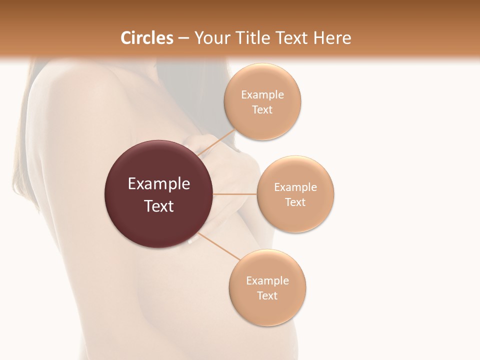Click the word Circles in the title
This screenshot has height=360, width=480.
coord(146,38)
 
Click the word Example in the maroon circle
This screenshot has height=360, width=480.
coord(159,184)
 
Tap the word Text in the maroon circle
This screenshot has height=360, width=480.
coord(159,206)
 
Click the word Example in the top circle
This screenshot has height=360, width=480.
coord(262,94)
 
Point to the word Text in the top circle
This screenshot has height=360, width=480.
coord(262,109)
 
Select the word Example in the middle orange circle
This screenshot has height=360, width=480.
coord(295,187)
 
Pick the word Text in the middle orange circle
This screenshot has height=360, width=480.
coord(295,202)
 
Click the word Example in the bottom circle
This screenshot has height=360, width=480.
coord(267,280)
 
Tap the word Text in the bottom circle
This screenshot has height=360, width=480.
coord(267,295)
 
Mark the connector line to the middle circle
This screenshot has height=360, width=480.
coord(235,194)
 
